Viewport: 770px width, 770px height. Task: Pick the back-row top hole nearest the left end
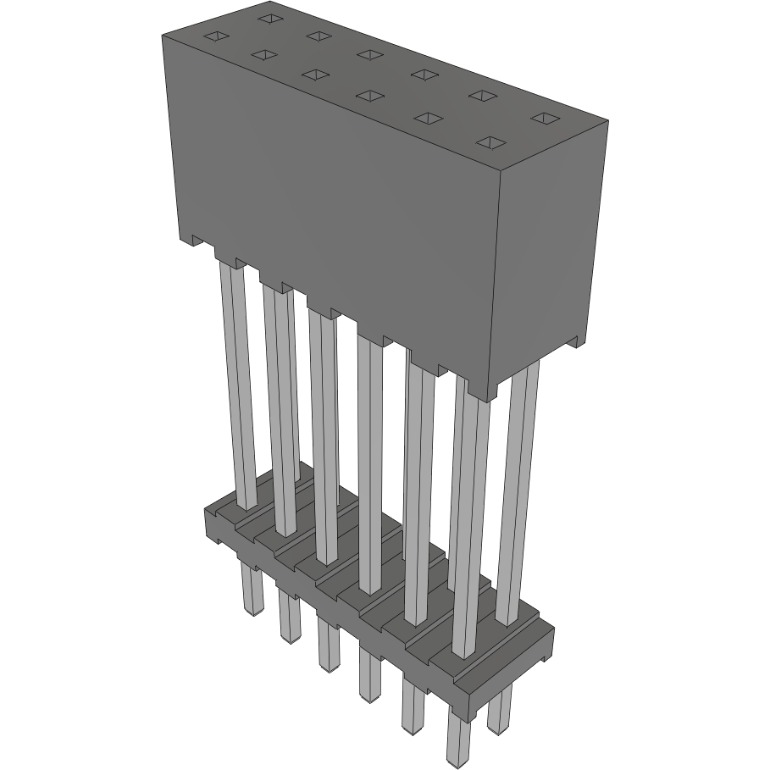269,17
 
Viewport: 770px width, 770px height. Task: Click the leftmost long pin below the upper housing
238,381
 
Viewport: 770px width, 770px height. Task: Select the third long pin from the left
323,432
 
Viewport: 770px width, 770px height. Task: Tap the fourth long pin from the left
369,457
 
